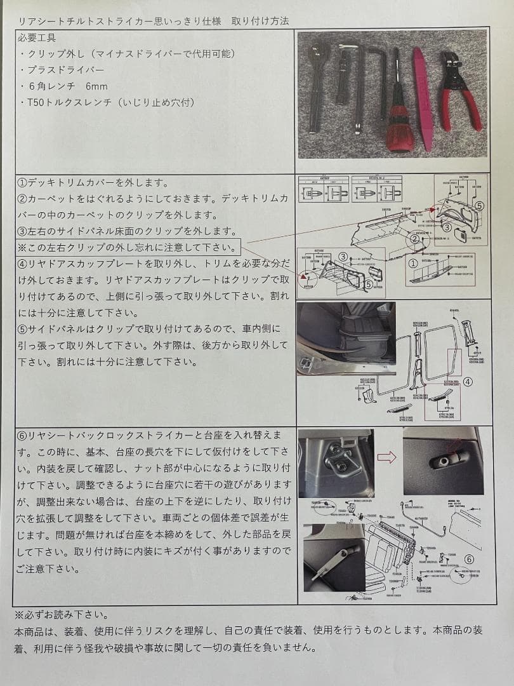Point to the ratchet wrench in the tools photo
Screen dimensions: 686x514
pos(317,83)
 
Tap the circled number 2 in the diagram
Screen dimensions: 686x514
pos(414,239)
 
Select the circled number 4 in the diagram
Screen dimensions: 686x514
pos(468,382)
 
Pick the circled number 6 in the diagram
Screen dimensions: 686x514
pos(469,559)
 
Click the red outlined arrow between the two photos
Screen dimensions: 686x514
pos(386,457)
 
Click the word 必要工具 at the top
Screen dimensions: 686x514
pos(38,37)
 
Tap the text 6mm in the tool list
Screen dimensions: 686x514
pos(96,86)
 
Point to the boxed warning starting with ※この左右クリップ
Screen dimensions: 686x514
pos(129,246)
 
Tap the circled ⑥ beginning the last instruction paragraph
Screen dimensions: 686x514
pos(23,435)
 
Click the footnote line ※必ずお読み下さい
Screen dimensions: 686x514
pos(61,615)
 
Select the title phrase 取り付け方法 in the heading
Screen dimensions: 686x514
pos(260,20)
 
